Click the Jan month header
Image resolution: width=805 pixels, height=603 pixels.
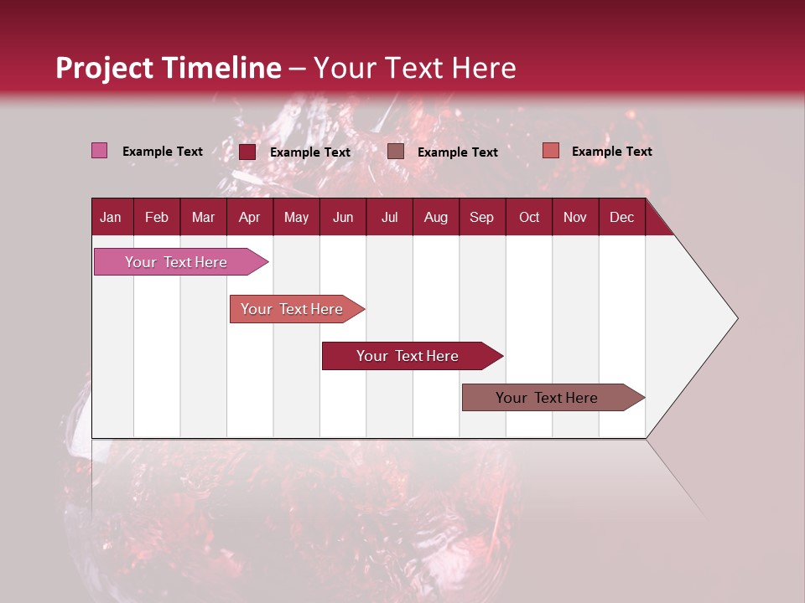pos(111,217)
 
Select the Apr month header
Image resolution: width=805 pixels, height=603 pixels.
pos(249,217)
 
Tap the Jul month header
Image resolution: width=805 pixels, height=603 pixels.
pos(389,217)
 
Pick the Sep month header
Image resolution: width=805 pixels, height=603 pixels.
pos(481,217)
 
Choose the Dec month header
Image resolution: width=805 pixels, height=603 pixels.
pos(621,217)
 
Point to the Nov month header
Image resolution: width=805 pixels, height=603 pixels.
pos(574,217)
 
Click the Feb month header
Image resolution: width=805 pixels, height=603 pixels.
pos(157,217)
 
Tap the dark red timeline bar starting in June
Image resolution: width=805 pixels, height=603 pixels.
pos(408,356)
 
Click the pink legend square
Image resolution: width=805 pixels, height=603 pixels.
pos(99,151)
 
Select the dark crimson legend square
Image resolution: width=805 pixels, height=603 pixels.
pos(247,152)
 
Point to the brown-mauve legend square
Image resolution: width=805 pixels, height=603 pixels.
pos(396,152)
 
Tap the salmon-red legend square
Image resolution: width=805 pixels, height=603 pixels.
pos(550,151)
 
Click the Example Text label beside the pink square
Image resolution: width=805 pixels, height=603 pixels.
pos(163,152)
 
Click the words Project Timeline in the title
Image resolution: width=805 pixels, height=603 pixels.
pos(168,68)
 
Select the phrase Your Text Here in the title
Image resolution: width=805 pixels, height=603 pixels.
pos(415,68)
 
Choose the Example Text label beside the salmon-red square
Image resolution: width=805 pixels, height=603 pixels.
pos(612,152)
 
